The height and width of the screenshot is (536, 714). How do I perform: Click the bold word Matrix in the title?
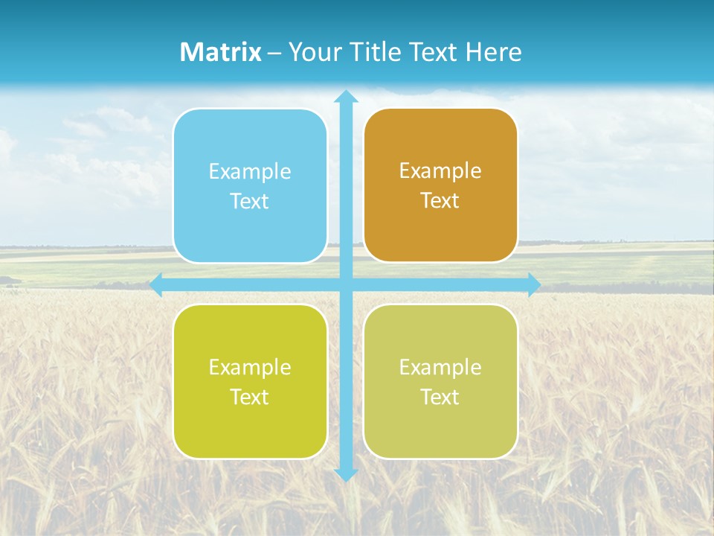[x=221, y=52]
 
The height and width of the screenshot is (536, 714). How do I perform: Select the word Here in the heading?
[x=493, y=52]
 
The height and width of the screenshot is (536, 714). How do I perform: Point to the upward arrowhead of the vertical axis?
[x=346, y=96]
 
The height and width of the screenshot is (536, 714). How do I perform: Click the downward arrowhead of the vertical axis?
[x=346, y=475]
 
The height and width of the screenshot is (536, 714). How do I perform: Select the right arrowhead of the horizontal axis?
[x=534, y=284]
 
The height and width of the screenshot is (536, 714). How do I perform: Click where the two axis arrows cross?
[x=346, y=284]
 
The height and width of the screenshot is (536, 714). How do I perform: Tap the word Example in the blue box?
[x=250, y=172]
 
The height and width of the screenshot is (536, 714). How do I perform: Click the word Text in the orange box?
[x=440, y=201]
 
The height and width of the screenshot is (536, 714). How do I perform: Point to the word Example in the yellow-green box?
[x=250, y=368]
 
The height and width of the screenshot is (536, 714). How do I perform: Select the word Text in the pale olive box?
[x=440, y=398]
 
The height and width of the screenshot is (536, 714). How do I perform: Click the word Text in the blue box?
[x=250, y=202]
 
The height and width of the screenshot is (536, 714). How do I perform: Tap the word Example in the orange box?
[x=440, y=171]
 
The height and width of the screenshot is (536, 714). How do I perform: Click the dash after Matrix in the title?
[x=274, y=53]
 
